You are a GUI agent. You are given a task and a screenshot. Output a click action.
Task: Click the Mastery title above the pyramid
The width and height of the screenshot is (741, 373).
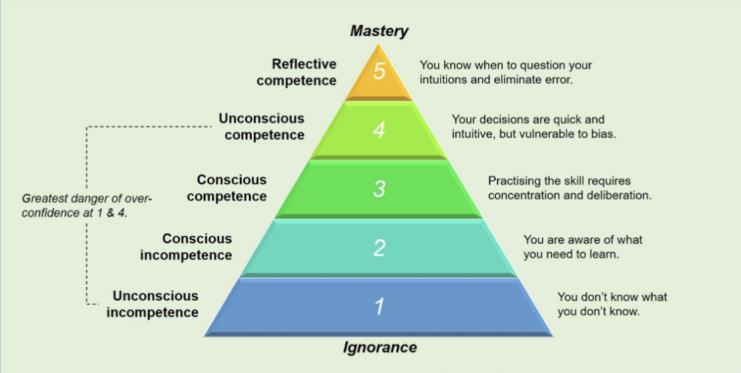click(x=379, y=31)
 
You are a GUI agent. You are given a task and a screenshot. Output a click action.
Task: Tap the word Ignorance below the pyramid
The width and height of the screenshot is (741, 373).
click(x=379, y=347)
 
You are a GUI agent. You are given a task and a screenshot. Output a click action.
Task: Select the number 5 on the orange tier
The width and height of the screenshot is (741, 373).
click(x=379, y=74)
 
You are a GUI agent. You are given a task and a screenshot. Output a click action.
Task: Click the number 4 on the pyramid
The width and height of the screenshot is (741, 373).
click(x=379, y=132)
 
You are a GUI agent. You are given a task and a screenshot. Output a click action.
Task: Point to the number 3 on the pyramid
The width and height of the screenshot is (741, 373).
click(x=379, y=189)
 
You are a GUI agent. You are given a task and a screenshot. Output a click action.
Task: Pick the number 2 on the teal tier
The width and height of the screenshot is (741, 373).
click(x=379, y=248)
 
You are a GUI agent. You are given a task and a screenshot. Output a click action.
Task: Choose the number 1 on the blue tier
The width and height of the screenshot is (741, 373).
click(x=379, y=306)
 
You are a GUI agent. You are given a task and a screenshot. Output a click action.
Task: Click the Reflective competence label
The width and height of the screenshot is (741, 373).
click(x=297, y=72)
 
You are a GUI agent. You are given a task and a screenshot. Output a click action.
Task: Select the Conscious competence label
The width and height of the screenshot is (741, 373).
click(x=232, y=187)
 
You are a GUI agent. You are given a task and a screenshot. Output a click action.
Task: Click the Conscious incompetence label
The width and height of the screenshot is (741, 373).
click(x=196, y=246)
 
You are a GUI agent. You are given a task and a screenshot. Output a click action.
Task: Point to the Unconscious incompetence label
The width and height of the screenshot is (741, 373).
click(x=155, y=304)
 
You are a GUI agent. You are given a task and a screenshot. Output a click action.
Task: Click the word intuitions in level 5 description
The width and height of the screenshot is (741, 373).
click(x=445, y=80)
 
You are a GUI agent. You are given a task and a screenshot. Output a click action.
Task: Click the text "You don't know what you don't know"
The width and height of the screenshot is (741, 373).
click(x=612, y=304)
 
